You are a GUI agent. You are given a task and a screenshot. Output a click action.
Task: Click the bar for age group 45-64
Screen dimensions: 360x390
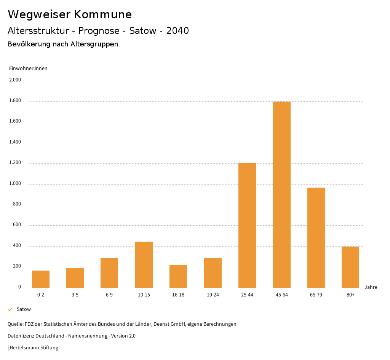point(281,194)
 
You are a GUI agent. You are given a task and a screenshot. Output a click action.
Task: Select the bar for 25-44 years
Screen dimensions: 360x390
point(247,225)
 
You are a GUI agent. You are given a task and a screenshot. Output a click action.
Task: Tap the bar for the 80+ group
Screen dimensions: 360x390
point(350,267)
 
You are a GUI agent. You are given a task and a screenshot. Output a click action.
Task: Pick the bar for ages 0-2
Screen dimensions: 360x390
point(41,279)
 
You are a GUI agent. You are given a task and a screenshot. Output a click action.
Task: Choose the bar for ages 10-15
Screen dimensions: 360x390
point(144,264)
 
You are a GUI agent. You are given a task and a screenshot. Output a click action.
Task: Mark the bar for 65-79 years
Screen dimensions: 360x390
point(316,237)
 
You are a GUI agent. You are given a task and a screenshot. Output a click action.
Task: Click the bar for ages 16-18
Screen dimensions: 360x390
point(178,276)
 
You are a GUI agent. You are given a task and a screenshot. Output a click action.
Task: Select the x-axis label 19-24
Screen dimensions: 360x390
point(213,295)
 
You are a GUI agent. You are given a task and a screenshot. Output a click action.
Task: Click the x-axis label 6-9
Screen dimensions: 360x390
point(109,295)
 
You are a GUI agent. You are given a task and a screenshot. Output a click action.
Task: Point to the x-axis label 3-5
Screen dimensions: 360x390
point(75,295)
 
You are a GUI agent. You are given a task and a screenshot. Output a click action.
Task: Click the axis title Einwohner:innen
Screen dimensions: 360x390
point(28,68)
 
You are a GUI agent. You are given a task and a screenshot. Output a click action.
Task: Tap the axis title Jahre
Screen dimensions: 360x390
point(371,287)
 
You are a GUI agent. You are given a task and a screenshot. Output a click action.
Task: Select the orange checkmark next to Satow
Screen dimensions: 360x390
point(10,309)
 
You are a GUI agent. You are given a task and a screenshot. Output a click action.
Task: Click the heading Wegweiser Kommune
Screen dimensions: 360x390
point(70,14)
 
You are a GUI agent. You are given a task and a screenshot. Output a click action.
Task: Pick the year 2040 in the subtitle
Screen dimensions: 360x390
point(177,31)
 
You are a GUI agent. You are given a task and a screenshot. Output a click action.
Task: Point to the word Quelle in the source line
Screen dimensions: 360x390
point(15,324)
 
